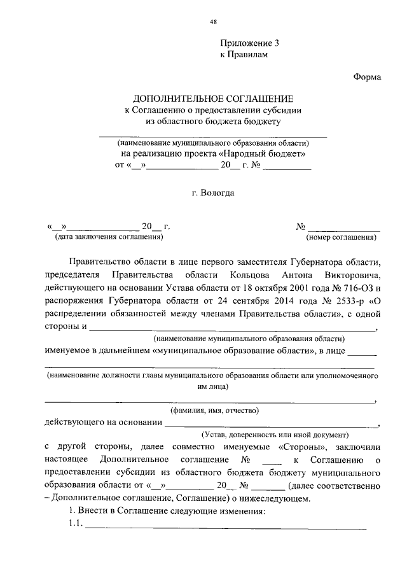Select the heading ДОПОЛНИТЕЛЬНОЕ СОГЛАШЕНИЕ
(x=213, y=99)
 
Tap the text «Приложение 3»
(x=250, y=43)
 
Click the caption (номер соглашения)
(x=341, y=237)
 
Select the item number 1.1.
(x=76, y=524)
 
